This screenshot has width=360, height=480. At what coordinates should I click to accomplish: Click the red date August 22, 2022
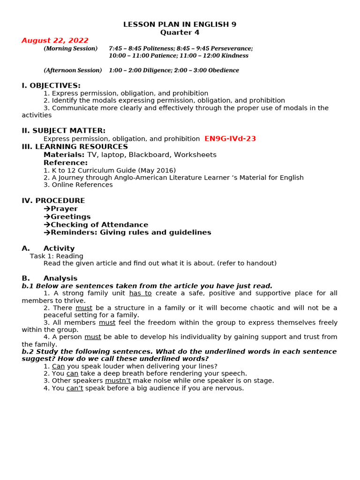tap(55, 41)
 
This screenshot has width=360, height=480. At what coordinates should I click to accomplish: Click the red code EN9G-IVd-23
tap(230, 139)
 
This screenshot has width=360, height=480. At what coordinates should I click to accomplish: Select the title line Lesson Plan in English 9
tap(180, 24)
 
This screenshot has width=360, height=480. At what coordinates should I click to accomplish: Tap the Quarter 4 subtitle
tap(180, 32)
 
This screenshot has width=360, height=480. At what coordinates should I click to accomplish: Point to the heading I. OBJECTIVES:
tap(51, 85)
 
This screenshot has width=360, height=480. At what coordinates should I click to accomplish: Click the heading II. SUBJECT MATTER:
tap(63, 131)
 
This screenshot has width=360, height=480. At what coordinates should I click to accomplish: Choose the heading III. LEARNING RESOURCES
tap(75, 147)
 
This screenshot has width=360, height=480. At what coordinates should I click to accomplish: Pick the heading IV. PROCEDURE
tap(53, 201)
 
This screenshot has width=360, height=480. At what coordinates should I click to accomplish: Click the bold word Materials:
tap(64, 155)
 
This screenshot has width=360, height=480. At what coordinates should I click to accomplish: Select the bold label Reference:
tap(66, 163)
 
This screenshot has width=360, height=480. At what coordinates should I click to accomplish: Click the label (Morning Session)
tap(71, 49)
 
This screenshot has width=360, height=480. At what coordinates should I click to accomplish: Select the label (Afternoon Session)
tap(73, 70)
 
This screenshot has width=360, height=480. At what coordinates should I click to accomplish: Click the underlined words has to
tap(140, 293)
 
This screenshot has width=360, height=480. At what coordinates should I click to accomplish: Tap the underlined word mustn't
tap(118, 381)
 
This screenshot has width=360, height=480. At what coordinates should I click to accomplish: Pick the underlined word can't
tap(75, 389)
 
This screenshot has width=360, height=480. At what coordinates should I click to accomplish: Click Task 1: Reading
tap(57, 256)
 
